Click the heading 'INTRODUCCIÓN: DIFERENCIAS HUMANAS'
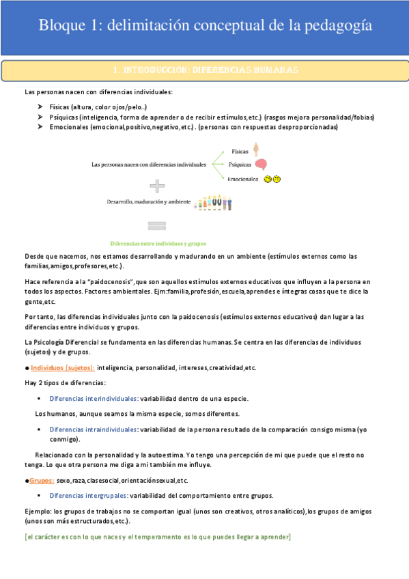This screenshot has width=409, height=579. pos(204,70)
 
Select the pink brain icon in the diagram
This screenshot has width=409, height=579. pos(261,165)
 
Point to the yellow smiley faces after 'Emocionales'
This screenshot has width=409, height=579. pos(272,179)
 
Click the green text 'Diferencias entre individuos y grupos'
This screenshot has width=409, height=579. pos(158,243)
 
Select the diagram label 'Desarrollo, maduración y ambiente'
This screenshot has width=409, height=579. pos(147,202)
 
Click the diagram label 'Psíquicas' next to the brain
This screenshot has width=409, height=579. pos(239,165)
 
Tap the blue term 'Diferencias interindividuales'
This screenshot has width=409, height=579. pos(94,398)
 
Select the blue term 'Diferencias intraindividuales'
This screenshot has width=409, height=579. pos(94,429)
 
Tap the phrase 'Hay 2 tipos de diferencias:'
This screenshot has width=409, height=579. pos(65,383)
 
